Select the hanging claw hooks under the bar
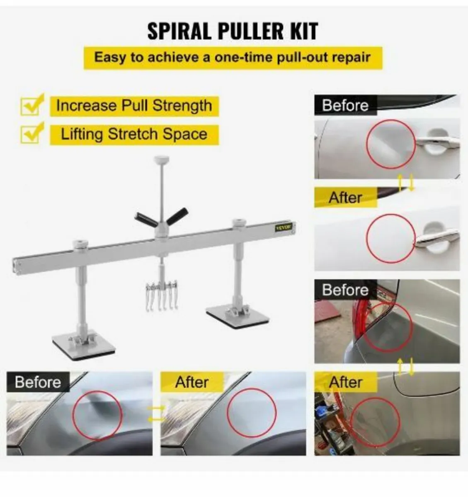(x=162, y=295)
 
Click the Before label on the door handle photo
(x=345, y=105)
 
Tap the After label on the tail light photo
(x=345, y=382)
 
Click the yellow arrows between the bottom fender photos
(x=156, y=414)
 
